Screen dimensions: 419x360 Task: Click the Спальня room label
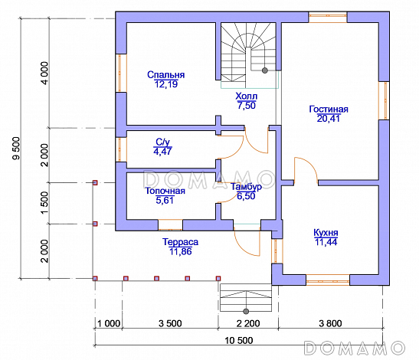[x=165, y=74]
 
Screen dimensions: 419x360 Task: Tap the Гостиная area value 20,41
[x=329, y=119]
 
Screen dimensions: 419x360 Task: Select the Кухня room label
[x=326, y=233]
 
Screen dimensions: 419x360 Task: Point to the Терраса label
[x=180, y=242]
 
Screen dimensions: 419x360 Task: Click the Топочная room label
[x=165, y=191]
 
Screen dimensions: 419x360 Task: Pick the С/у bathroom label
[x=162, y=142]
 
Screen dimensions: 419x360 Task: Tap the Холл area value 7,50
[x=247, y=106]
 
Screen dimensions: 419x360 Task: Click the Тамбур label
[x=246, y=187]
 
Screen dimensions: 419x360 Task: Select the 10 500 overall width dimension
[x=239, y=341]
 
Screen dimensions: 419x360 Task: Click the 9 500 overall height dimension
[x=16, y=149]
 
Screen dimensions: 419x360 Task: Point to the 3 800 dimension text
[x=330, y=323]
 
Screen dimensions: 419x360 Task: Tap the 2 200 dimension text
[x=248, y=323]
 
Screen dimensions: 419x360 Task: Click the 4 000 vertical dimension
[x=44, y=74]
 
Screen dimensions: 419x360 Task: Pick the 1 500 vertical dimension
[x=44, y=202]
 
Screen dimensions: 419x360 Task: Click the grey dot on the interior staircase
[x=265, y=70]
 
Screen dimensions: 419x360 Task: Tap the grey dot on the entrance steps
[x=246, y=311]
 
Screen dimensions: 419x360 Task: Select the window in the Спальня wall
[x=121, y=73]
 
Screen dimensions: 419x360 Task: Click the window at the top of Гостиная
[x=328, y=17]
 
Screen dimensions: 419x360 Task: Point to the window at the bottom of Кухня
[x=328, y=280]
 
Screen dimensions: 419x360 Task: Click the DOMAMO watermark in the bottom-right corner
[x=355, y=348]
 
